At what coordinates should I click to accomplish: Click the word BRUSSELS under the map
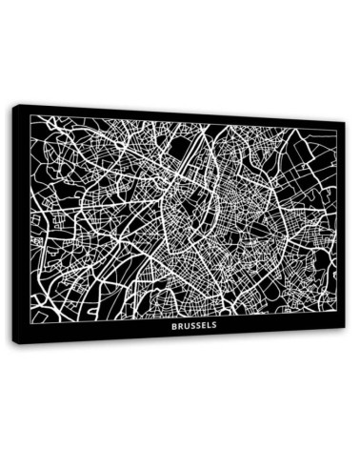tap(194, 325)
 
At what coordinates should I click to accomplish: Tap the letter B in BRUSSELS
tap(174, 325)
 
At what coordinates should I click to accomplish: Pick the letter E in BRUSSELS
tap(204, 325)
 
